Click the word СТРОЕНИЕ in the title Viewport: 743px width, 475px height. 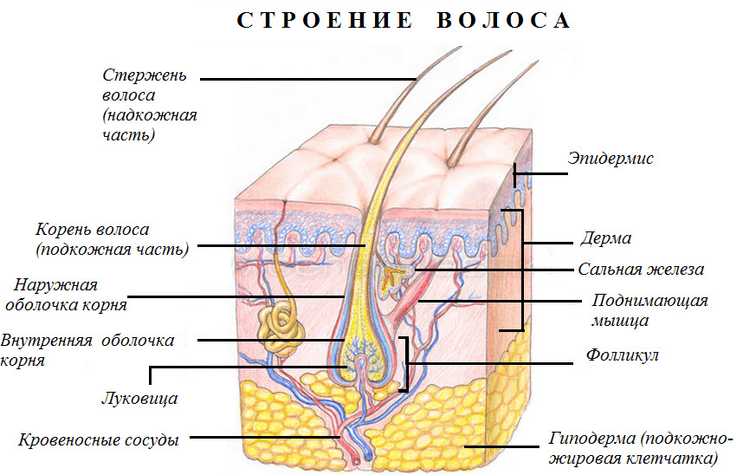pos(325,21)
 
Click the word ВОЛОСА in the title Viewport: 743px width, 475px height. pos(504,21)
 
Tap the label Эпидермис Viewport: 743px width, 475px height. pos(611,158)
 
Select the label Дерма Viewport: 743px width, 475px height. pos(606,237)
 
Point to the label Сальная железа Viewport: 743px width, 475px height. pos(641,270)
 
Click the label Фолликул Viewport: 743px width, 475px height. pos(622,355)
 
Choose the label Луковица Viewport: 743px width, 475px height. pos(139,398)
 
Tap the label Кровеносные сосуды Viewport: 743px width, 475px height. pos(99,440)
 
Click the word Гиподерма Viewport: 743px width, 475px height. pos(592,439)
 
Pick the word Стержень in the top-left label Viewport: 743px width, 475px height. pos(145,75)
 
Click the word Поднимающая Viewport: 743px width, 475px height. pos(649,301)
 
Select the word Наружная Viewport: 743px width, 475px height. pos(55,284)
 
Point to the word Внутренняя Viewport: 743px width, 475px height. pos(46,341)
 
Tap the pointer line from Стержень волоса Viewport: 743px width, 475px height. pos(308,79)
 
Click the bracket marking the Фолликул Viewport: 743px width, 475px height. pos(404,364)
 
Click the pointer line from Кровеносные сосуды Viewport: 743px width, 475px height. pos(264,437)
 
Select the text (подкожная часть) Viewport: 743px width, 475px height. pos(113,250)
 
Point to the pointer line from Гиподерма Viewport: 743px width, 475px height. pos(501,446)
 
